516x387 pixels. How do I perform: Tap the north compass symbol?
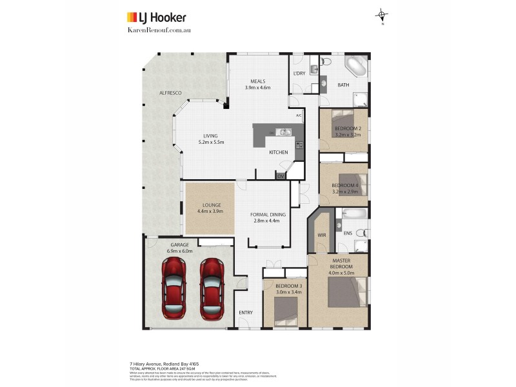pyautogui.click(x=382, y=15)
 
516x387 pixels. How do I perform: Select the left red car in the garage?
pyautogui.click(x=174, y=288)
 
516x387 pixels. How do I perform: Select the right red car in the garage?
pyautogui.click(x=211, y=288)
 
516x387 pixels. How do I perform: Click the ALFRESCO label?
pyautogui.click(x=170, y=94)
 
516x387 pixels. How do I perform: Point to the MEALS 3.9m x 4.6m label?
pyautogui.click(x=257, y=84)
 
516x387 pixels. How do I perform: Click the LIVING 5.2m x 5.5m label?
pyautogui.click(x=211, y=139)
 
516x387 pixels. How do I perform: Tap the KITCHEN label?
pyautogui.click(x=279, y=152)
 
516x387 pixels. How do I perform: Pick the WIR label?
pyautogui.click(x=322, y=235)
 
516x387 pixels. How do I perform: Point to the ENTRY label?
pyautogui.click(x=246, y=313)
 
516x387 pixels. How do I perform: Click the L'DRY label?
pyautogui.click(x=299, y=74)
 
